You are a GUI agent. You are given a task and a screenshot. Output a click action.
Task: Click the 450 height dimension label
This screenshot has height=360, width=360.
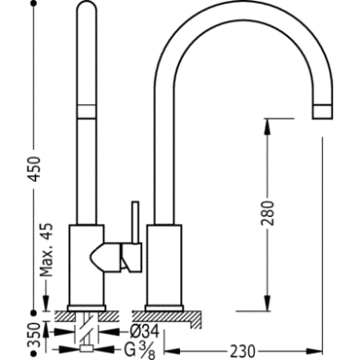[x=35, y=168]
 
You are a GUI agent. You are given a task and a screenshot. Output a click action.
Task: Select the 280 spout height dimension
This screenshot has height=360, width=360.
[x=269, y=213]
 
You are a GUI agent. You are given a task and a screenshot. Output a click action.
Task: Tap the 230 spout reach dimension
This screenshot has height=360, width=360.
[x=243, y=351]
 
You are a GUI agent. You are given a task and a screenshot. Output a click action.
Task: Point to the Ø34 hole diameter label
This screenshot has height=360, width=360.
[x=144, y=332]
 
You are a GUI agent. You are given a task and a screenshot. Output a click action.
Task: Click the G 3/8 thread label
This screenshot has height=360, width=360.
[x=139, y=351]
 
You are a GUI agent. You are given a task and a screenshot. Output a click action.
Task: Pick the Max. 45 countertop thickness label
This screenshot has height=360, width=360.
[x=47, y=249]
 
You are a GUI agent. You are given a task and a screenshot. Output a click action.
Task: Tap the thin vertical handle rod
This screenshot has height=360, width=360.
[x=136, y=222]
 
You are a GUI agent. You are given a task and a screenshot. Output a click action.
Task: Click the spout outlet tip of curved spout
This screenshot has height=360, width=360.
[x=322, y=112]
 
